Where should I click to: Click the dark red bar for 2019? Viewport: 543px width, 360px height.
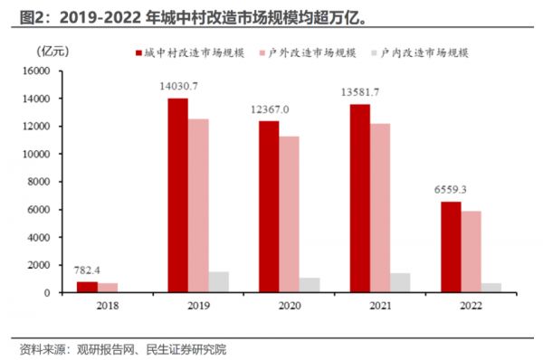(176, 194)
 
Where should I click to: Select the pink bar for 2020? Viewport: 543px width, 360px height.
(289, 214)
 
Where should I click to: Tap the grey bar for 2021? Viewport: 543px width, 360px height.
(399, 282)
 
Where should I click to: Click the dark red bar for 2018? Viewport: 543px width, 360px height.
(87, 287)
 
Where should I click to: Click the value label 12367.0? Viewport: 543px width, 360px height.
(270, 109)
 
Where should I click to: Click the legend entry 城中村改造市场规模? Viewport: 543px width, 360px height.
(194, 53)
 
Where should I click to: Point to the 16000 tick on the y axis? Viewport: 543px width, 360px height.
(37, 71)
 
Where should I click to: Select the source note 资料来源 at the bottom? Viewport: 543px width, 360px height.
(123, 348)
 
